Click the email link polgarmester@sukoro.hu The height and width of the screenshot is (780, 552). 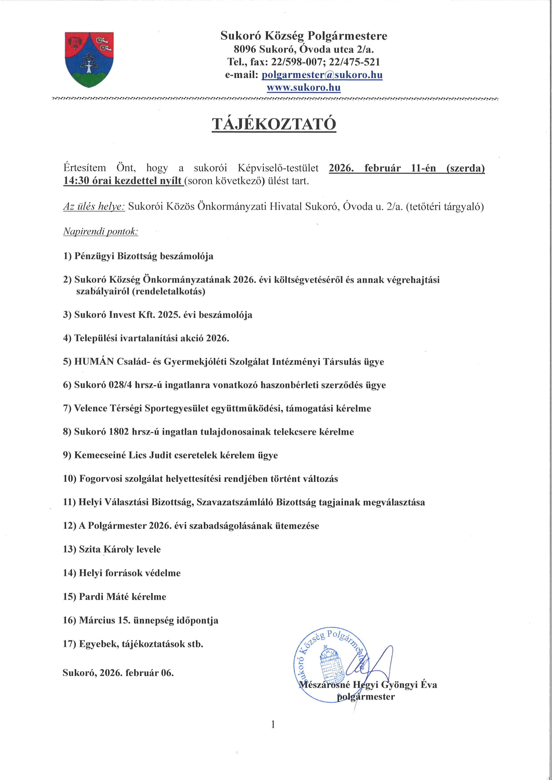322,75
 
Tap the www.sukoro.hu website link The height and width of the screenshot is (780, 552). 304,88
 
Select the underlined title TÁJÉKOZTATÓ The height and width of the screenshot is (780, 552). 274,124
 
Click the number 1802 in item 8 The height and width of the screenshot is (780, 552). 119,432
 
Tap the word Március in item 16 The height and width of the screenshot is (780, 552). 97,620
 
